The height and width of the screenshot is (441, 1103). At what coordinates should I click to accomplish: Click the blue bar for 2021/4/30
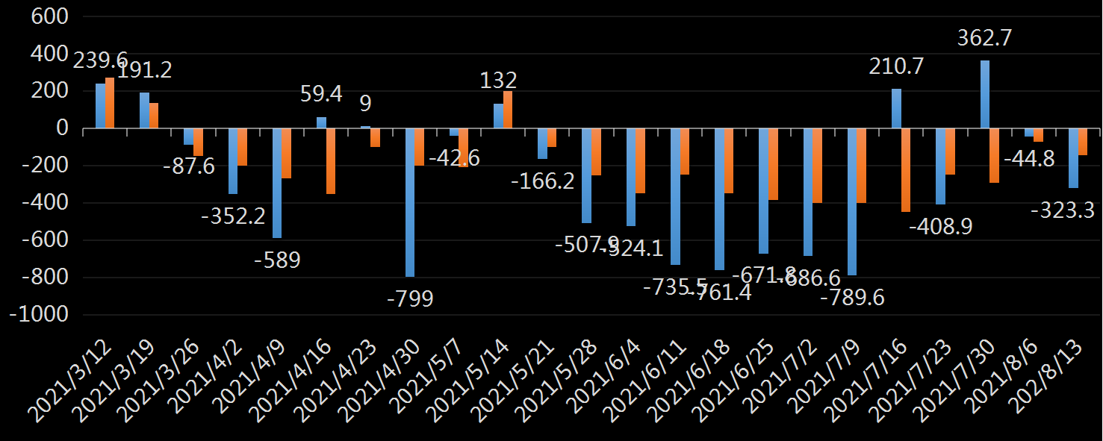click(x=410, y=202)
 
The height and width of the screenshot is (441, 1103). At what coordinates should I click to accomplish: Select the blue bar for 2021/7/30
click(x=985, y=95)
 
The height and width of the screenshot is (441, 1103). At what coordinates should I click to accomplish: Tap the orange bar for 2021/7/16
click(x=906, y=170)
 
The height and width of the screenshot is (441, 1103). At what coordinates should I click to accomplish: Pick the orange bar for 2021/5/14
click(x=508, y=110)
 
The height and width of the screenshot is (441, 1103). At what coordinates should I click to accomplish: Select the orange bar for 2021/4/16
click(x=331, y=161)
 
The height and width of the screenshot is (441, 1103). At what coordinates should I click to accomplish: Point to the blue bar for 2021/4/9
click(x=277, y=183)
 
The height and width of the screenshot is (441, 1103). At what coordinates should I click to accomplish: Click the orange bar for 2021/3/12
click(x=110, y=103)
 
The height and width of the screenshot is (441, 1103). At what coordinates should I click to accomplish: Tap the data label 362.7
click(x=984, y=38)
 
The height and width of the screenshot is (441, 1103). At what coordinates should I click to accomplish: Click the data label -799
click(x=410, y=298)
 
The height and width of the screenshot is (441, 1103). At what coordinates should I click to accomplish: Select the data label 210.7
click(x=896, y=66)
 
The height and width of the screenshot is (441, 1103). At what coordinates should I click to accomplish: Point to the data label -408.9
click(x=940, y=226)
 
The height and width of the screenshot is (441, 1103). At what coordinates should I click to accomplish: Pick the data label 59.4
click(x=321, y=94)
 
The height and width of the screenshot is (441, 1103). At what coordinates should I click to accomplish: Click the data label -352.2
click(x=233, y=216)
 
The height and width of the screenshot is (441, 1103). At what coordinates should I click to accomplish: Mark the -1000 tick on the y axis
click(x=38, y=315)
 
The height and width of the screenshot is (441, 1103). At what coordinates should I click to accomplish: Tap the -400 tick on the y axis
click(x=43, y=203)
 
